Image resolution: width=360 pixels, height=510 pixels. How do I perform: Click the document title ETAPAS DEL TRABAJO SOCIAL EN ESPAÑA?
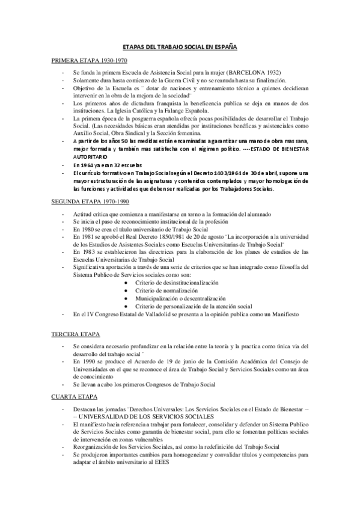pyautogui.click(x=180, y=46)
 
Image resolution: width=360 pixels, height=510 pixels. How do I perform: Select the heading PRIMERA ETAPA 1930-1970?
pyautogui.click(x=89, y=60)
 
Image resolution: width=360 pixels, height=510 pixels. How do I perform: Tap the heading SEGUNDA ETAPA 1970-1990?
pyautogui.click(x=91, y=202)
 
